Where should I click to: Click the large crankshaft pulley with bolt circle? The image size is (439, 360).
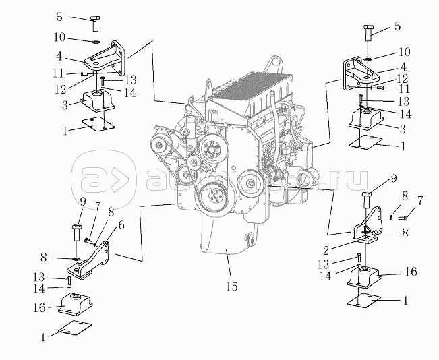215,197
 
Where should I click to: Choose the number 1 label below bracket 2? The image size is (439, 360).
405,301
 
